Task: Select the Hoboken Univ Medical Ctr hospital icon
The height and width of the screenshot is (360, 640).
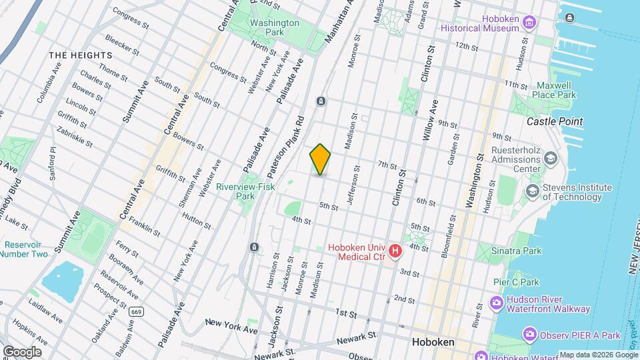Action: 395,251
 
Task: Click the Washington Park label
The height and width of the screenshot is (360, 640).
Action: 274,27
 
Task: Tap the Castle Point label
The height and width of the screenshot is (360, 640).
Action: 555,121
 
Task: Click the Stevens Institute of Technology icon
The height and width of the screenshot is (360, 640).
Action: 533,191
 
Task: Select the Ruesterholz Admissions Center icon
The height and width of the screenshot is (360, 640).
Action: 550,159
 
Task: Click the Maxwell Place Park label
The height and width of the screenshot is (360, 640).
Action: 557,91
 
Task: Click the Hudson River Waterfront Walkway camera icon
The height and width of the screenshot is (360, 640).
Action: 497,304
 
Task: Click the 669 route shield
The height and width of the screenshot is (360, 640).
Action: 137,311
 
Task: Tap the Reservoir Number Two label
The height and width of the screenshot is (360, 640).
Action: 23,249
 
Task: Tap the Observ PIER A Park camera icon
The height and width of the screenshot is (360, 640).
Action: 530,333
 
